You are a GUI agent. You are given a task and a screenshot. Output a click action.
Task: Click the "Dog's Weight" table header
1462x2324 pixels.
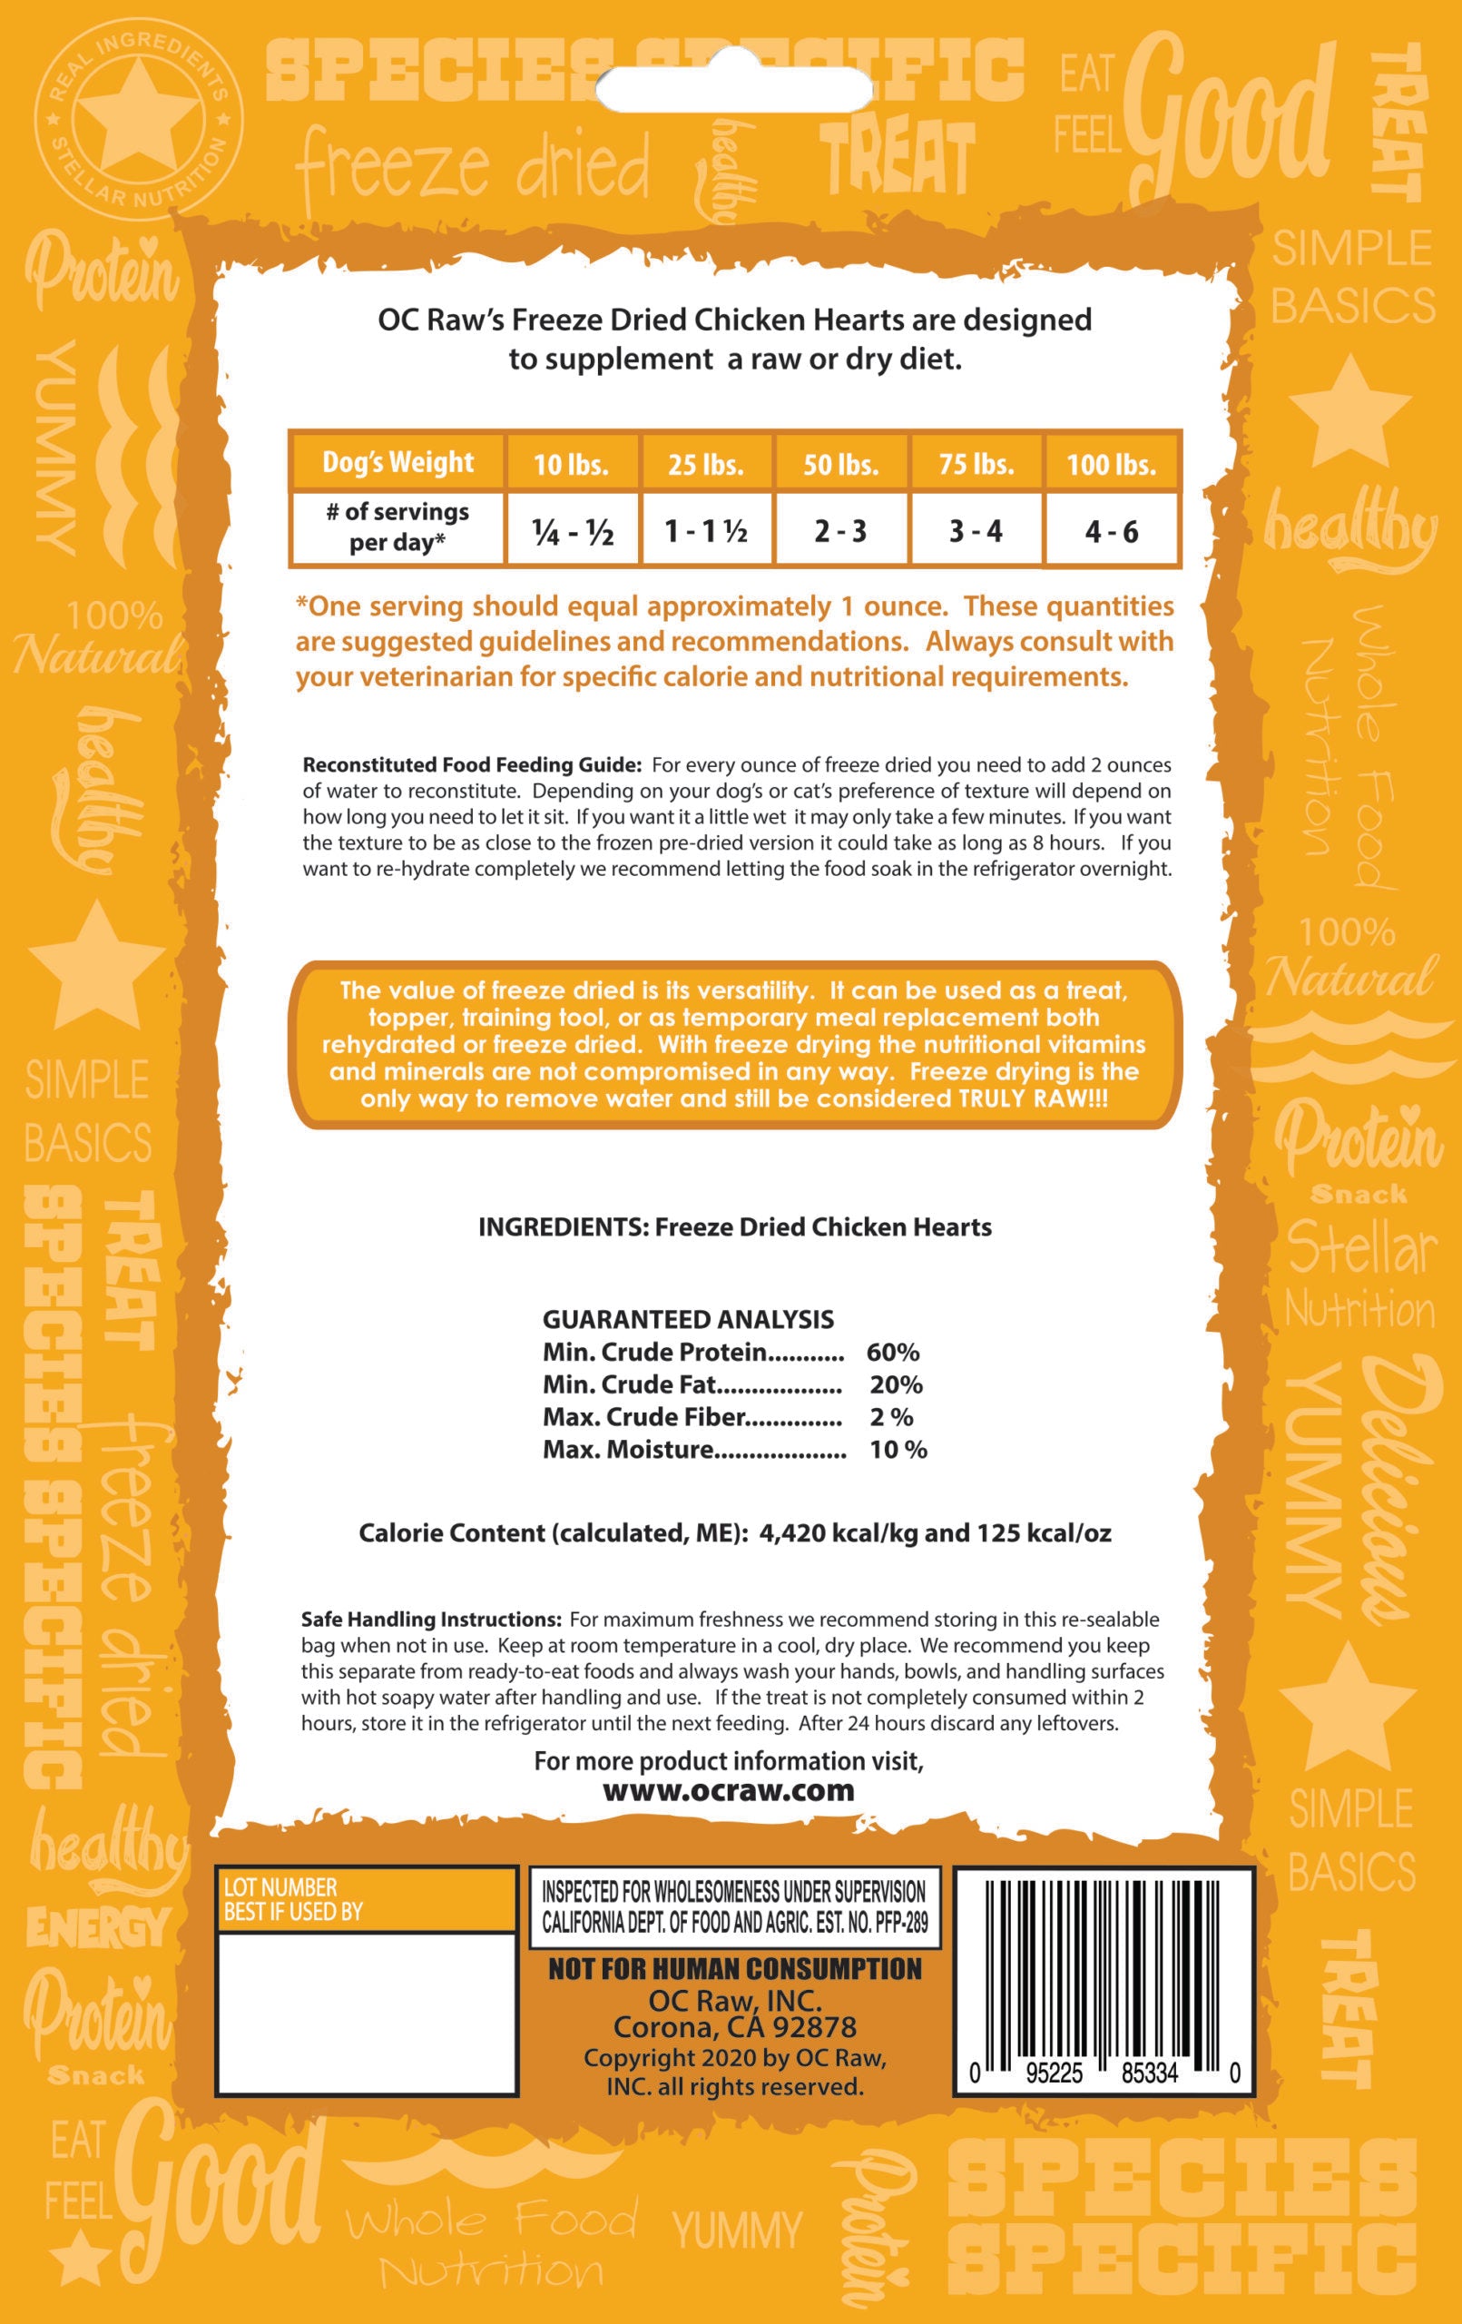[397, 462]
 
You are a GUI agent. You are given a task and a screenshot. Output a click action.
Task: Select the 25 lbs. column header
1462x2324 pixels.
[705, 465]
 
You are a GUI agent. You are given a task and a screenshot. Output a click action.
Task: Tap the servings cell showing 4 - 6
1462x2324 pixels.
[1111, 531]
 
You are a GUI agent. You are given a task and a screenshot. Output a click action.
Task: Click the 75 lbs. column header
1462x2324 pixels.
[976, 465]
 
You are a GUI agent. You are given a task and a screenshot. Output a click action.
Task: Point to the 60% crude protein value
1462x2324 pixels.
[893, 1352]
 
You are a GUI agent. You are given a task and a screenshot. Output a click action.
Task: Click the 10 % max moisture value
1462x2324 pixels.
[898, 1449]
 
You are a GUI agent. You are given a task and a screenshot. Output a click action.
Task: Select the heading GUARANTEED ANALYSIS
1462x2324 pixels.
[688, 1319]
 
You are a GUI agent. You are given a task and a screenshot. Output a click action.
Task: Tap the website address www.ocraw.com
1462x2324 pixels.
[729, 1790]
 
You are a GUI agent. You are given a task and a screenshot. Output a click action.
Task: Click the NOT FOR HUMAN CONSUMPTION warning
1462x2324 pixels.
[734, 1970]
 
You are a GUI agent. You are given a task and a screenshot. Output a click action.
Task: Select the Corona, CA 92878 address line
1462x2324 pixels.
[734, 2027]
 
